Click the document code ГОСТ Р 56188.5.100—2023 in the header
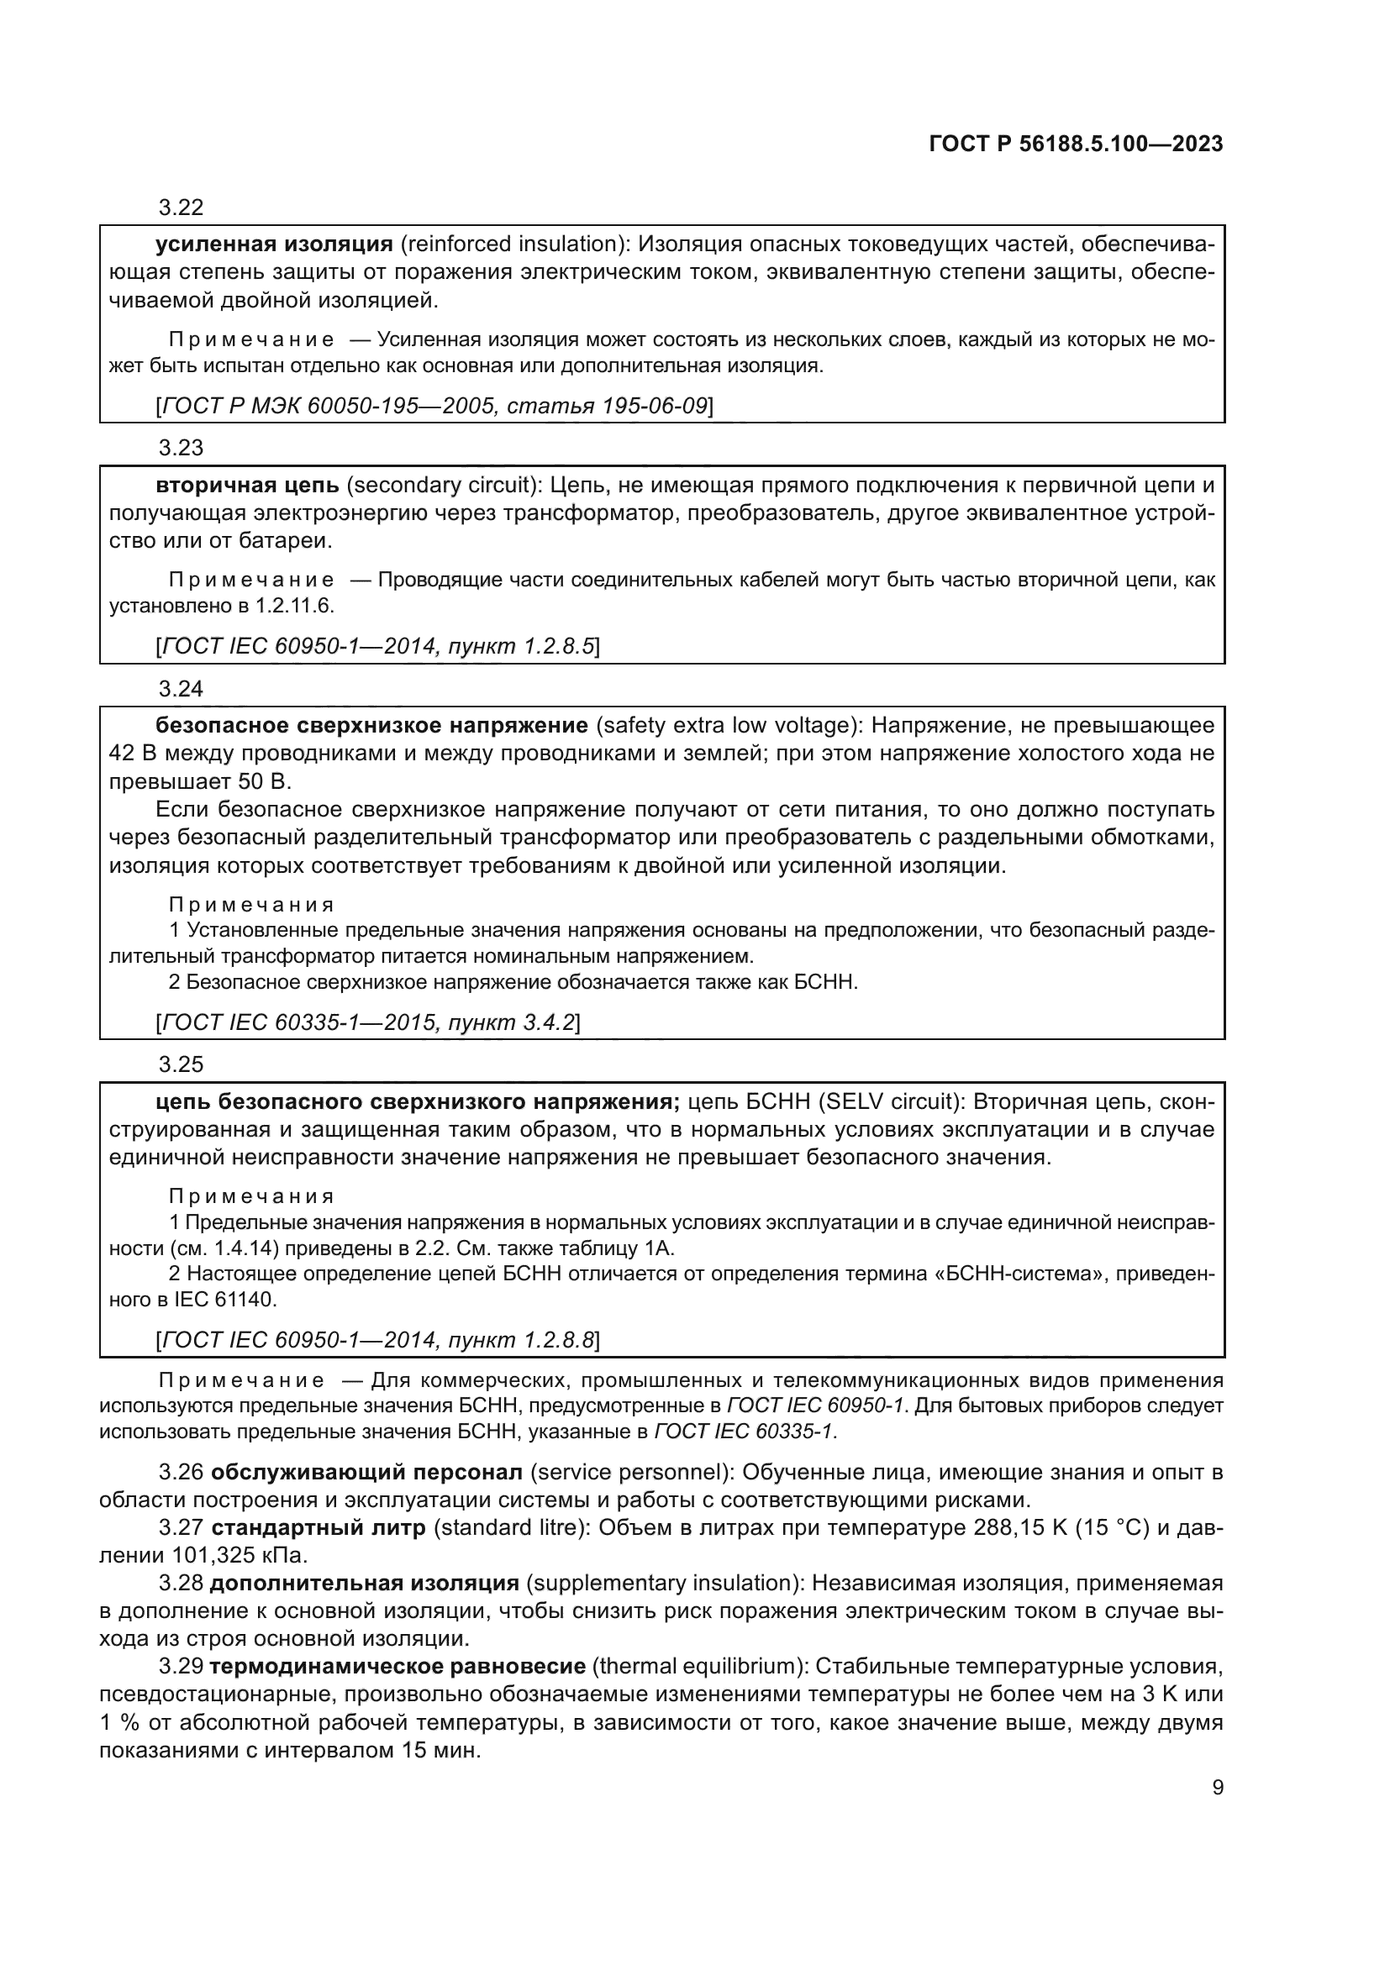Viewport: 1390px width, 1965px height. click(1075, 144)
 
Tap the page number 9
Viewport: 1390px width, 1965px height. click(1217, 1788)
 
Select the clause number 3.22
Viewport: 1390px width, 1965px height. click(181, 208)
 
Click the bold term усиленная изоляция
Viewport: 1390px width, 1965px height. click(274, 244)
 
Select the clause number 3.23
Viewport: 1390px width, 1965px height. click(181, 449)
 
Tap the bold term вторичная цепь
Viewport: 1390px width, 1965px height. click(246, 486)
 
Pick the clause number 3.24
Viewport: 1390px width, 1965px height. click(181, 690)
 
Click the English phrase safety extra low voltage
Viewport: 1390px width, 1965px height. click(728, 727)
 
